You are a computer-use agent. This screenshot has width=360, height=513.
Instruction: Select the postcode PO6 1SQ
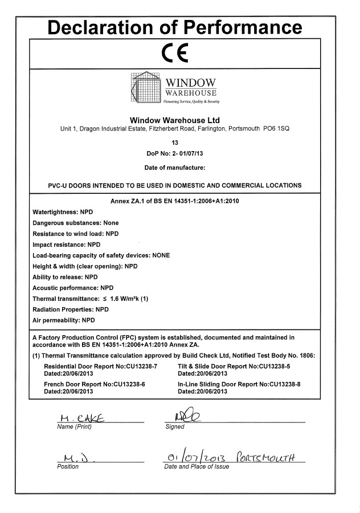(276, 129)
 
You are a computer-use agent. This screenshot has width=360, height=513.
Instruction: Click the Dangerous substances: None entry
(76, 223)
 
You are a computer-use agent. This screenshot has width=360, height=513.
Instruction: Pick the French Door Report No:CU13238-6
(95, 385)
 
